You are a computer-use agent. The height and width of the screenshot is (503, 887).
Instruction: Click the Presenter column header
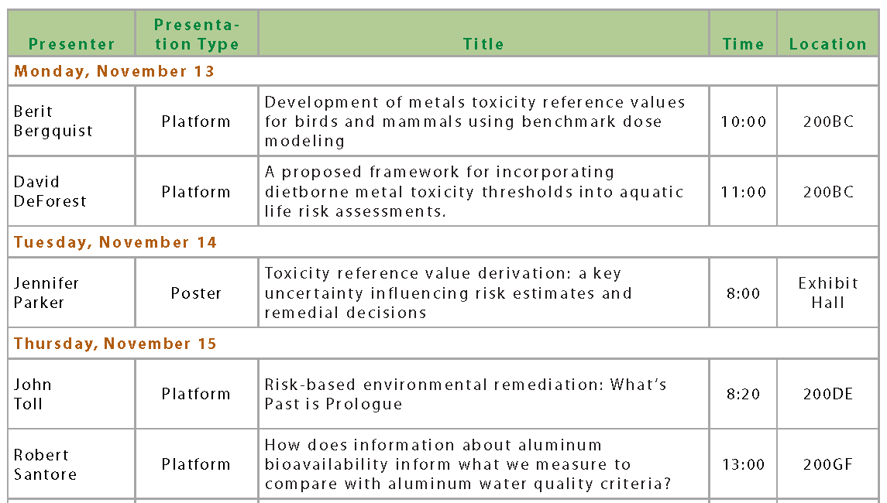(x=71, y=44)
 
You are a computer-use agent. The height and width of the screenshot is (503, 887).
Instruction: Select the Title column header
(x=483, y=44)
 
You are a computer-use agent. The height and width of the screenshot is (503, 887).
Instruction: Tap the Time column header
(x=743, y=44)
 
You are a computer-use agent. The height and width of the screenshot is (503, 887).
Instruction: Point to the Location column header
(x=827, y=44)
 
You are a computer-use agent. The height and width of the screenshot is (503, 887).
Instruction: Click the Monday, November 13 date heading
(x=115, y=71)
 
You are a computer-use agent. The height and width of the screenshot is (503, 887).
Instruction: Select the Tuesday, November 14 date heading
(x=115, y=242)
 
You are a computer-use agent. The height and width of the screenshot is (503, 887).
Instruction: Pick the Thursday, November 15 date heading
(x=115, y=344)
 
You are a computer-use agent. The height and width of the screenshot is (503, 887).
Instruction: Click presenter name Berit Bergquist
(x=53, y=121)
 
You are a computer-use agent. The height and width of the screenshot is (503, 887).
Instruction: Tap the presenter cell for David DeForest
(x=50, y=191)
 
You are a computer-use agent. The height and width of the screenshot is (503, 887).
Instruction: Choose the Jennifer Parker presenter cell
(x=46, y=293)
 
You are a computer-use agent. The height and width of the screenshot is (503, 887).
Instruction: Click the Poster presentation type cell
(x=196, y=293)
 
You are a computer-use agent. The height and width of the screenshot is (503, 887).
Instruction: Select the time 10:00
(x=744, y=121)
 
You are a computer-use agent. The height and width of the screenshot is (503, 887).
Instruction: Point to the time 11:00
(x=744, y=192)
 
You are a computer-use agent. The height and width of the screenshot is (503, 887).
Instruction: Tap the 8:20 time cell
(x=744, y=394)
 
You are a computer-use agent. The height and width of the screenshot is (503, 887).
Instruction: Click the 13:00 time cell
(x=744, y=464)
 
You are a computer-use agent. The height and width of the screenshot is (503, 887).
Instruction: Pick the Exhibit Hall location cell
(x=828, y=293)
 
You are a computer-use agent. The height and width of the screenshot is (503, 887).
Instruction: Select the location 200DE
(x=828, y=394)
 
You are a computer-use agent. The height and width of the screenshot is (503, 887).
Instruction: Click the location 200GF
(x=828, y=464)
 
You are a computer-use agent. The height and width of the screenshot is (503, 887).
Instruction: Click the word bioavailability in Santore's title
(x=327, y=464)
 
